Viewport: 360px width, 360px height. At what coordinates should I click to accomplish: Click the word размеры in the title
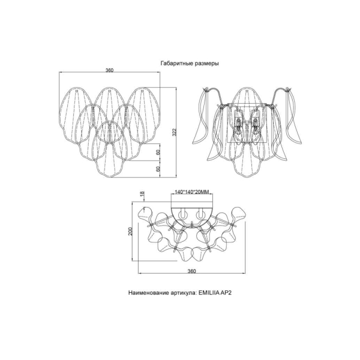click(207, 64)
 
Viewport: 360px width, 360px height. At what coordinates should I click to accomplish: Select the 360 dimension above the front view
click(109, 70)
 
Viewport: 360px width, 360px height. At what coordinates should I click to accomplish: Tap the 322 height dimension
click(175, 132)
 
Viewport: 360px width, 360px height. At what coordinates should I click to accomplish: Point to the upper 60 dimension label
click(158, 152)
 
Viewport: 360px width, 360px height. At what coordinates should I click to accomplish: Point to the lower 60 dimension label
click(158, 169)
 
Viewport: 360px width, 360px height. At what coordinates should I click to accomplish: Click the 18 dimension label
click(143, 194)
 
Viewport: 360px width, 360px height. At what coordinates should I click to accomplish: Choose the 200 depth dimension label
click(130, 231)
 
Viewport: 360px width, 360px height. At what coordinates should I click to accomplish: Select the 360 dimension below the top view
click(191, 271)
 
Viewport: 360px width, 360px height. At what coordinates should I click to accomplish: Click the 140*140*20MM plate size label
click(192, 192)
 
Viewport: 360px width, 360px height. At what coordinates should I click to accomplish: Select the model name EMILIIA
click(209, 293)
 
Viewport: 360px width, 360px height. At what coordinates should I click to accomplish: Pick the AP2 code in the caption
click(226, 293)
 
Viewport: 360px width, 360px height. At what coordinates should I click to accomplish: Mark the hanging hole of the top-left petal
click(77, 91)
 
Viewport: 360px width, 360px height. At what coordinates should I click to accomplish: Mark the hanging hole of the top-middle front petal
click(110, 91)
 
